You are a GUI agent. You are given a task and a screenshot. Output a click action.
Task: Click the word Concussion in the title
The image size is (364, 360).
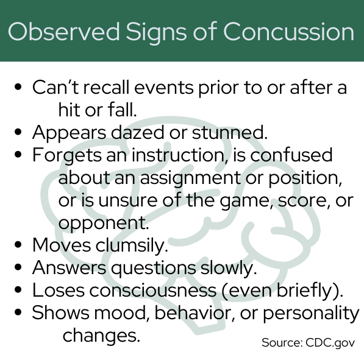(x=288, y=32)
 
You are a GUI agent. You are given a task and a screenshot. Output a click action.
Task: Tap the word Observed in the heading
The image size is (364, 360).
(x=63, y=32)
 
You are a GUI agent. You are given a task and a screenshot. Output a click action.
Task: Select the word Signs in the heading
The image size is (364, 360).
(x=156, y=33)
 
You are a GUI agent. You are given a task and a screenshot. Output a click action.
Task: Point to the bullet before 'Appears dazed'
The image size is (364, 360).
(x=18, y=132)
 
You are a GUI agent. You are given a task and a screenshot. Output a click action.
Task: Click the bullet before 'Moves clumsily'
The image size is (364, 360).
(x=18, y=245)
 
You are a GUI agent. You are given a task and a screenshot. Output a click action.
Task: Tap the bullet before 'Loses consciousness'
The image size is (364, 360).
(x=18, y=290)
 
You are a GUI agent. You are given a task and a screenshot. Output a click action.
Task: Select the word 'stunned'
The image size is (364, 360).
(x=230, y=132)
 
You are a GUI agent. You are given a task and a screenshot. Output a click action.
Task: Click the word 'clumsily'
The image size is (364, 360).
(x=132, y=245)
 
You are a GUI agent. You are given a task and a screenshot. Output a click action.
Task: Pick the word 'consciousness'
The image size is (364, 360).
(x=153, y=291)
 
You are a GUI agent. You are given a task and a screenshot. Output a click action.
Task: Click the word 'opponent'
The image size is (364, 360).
(x=103, y=224)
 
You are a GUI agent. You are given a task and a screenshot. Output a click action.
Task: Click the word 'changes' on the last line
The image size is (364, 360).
(x=101, y=336)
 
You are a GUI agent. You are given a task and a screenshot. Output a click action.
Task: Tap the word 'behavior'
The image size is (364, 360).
(x=194, y=313)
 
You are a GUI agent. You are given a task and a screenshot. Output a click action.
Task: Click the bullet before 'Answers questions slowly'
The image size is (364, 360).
(x=18, y=267)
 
